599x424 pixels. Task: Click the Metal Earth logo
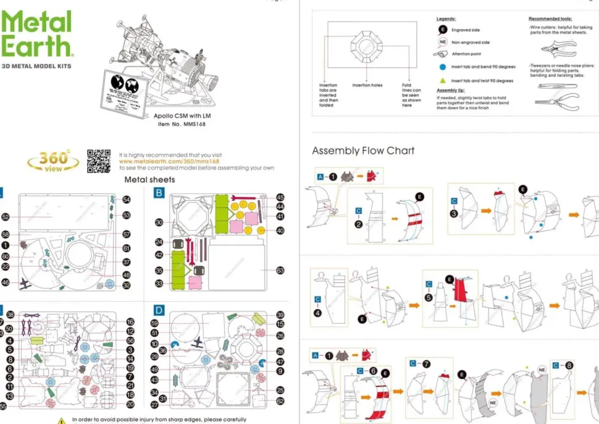pyautogui.click(x=36, y=35)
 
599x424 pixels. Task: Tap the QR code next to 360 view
pyautogui.click(x=98, y=161)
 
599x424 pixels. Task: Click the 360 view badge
pyautogui.click(x=54, y=161)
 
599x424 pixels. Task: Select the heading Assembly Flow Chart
pyautogui.click(x=363, y=151)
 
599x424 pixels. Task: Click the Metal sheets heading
pyautogui.click(x=149, y=180)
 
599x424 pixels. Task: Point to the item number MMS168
pyautogui.click(x=181, y=124)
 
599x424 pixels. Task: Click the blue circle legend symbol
pyautogui.click(x=442, y=67)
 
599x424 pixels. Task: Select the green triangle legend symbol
pyautogui.click(x=442, y=80)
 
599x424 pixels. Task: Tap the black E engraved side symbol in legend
pyautogui.click(x=442, y=30)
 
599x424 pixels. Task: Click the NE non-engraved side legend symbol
pyautogui.click(x=442, y=42)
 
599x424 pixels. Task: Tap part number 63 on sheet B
pyautogui.click(x=280, y=270)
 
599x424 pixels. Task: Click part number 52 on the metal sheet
pyautogui.click(x=6, y=217)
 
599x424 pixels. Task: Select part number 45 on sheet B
pyautogui.click(x=280, y=197)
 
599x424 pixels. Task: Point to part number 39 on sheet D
pyautogui.click(x=280, y=315)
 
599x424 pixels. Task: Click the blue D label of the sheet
pyautogui.click(x=159, y=310)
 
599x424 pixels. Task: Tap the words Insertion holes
pyautogui.click(x=367, y=85)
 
